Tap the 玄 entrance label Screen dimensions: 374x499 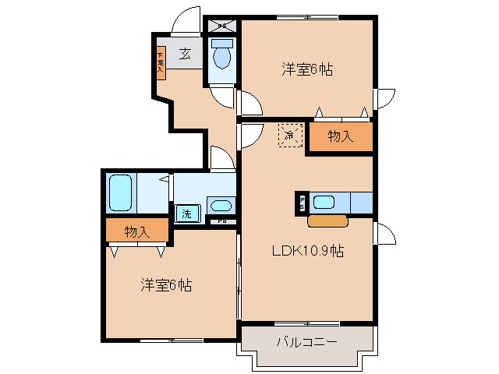(186, 54)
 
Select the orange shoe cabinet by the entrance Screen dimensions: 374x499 (160, 62)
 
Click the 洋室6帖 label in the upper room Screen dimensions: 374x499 (307, 70)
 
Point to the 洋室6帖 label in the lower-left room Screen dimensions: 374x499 (166, 285)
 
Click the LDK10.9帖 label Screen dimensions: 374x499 (308, 251)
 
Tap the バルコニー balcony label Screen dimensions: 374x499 (306, 342)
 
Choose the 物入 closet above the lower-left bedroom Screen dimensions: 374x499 (137, 231)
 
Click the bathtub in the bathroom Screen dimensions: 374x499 (121, 192)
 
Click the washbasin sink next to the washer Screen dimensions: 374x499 (221, 206)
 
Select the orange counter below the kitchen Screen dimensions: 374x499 (327, 221)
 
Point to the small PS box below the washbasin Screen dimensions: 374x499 (222, 221)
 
